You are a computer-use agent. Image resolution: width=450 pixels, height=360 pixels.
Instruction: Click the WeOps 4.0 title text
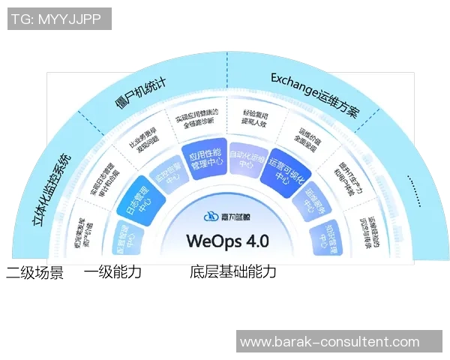[x=227, y=241]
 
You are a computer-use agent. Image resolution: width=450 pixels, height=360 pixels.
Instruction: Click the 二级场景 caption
[x=35, y=272]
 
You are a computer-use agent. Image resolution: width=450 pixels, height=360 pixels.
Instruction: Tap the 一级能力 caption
[x=112, y=272]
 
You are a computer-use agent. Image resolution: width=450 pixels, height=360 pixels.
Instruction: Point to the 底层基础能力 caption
[x=233, y=272]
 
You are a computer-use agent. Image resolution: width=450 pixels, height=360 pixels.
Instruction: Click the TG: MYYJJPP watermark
[x=59, y=19]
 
